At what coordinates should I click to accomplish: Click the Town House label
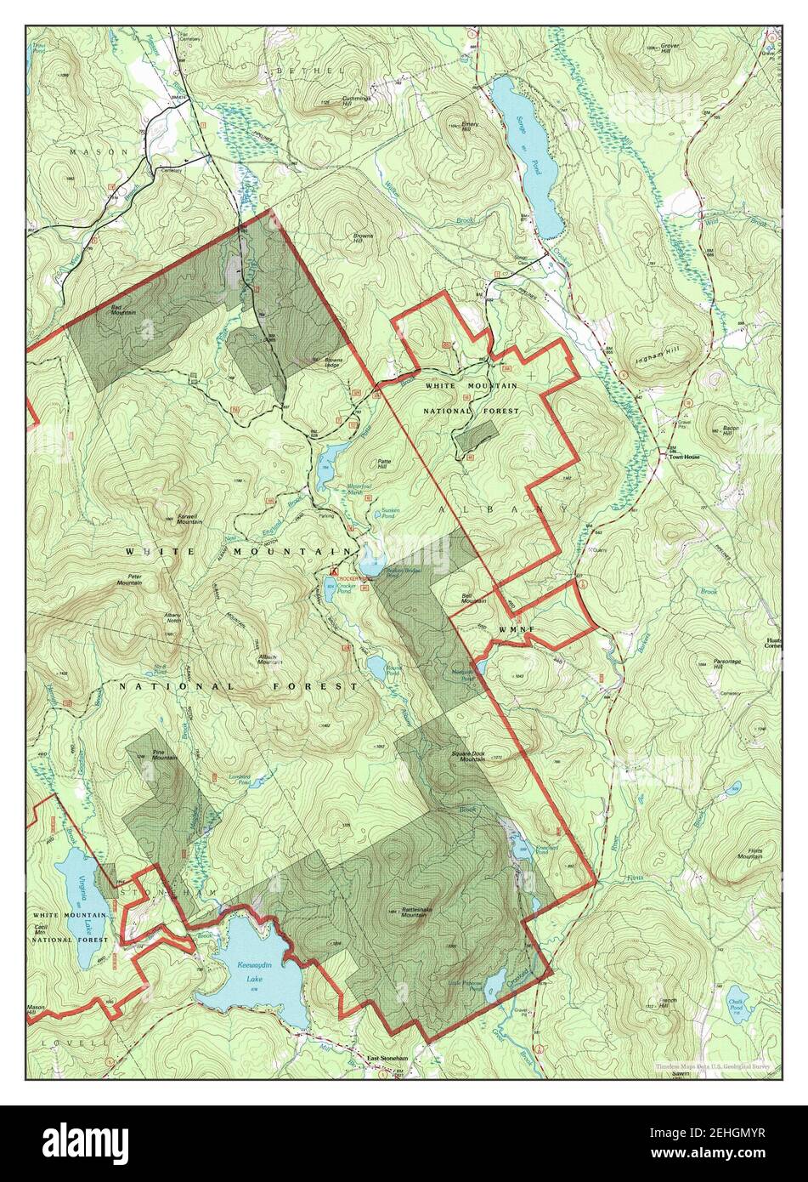point(685,457)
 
